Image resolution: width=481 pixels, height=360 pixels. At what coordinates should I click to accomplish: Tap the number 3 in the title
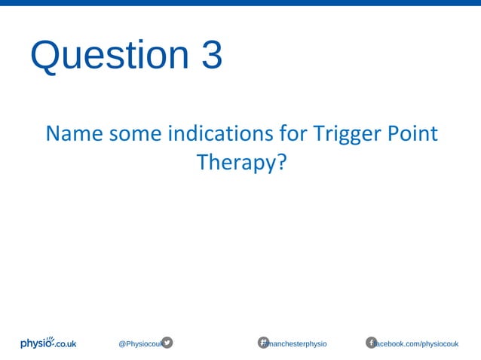[211, 56]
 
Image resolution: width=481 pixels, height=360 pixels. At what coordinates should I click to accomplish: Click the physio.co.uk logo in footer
[48, 343]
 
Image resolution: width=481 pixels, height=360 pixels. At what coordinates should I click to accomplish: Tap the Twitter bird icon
[167, 343]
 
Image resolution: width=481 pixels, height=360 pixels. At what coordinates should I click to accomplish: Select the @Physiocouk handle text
[139, 343]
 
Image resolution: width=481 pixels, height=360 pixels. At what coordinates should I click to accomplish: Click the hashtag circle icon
[264, 343]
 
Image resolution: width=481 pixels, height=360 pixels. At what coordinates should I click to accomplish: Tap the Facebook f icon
[371, 343]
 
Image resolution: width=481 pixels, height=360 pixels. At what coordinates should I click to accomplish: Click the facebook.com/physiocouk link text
[418, 343]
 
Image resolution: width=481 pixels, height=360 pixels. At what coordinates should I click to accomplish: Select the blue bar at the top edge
[240, 3]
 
